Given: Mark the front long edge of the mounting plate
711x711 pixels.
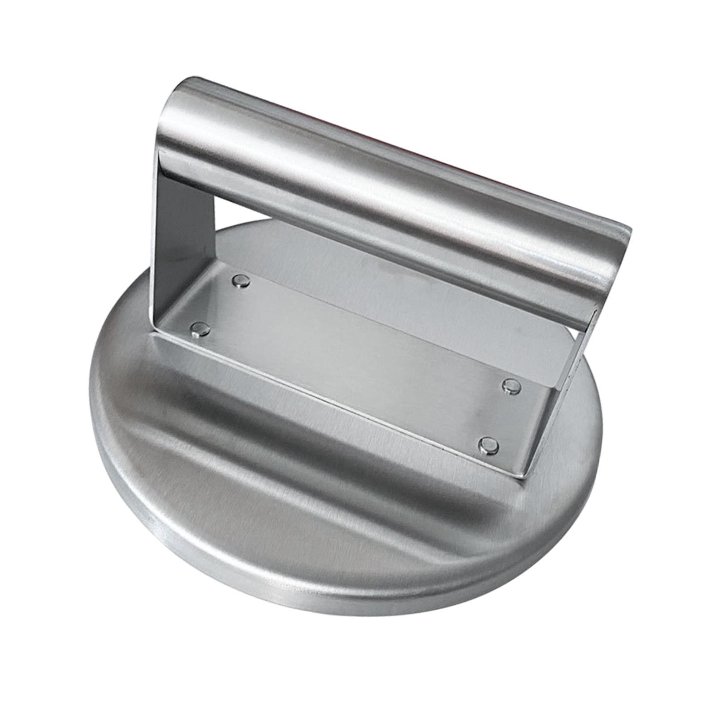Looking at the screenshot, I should pyautogui.click(x=338, y=404).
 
